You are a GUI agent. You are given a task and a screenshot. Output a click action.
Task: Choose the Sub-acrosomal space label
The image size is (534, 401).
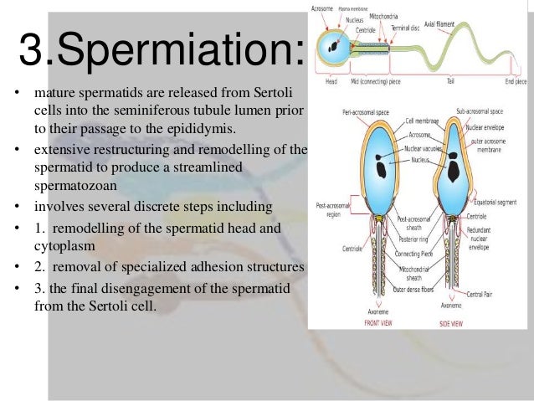click(480, 110)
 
